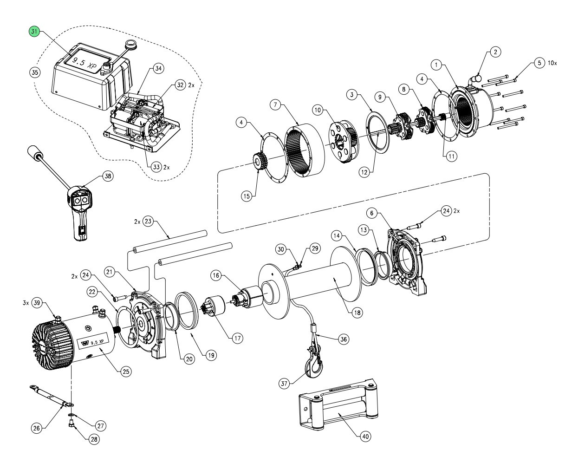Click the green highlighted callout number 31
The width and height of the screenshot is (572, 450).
(34, 32)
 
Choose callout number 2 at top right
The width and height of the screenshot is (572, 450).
(496, 52)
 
